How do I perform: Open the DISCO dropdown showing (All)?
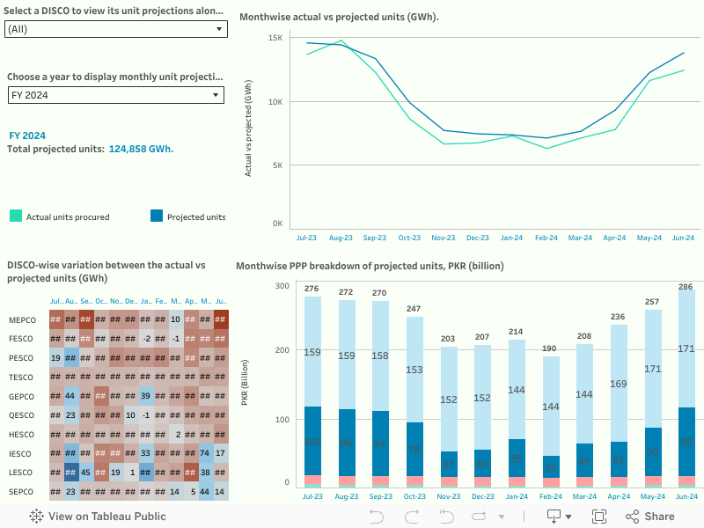pyautogui.click(x=115, y=29)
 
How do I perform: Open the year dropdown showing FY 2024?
pyautogui.click(x=115, y=95)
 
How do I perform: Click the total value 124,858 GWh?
pyautogui.click(x=141, y=149)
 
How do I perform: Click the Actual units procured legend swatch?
pyautogui.click(x=16, y=216)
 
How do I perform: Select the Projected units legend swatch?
pyautogui.click(x=158, y=216)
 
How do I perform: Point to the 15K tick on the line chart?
pyautogui.click(x=275, y=38)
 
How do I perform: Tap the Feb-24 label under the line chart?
pyautogui.click(x=546, y=238)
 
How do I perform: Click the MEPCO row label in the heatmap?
pyautogui.click(x=22, y=319)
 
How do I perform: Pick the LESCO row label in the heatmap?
pyautogui.click(x=21, y=473)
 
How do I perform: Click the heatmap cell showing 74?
pyautogui.click(x=205, y=453)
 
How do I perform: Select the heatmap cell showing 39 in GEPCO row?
pyautogui.click(x=145, y=396)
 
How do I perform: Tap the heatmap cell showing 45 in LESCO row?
pyautogui.click(x=85, y=473)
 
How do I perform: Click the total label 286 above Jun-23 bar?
pyautogui.click(x=684, y=287)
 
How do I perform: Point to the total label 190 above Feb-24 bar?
pyautogui.click(x=549, y=348)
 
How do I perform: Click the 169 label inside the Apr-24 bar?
pyautogui.click(x=619, y=384)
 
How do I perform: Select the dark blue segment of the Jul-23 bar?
pyautogui.click(x=312, y=440)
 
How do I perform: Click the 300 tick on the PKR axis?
pyautogui.click(x=282, y=286)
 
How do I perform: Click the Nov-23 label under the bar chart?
pyautogui.click(x=447, y=496)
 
